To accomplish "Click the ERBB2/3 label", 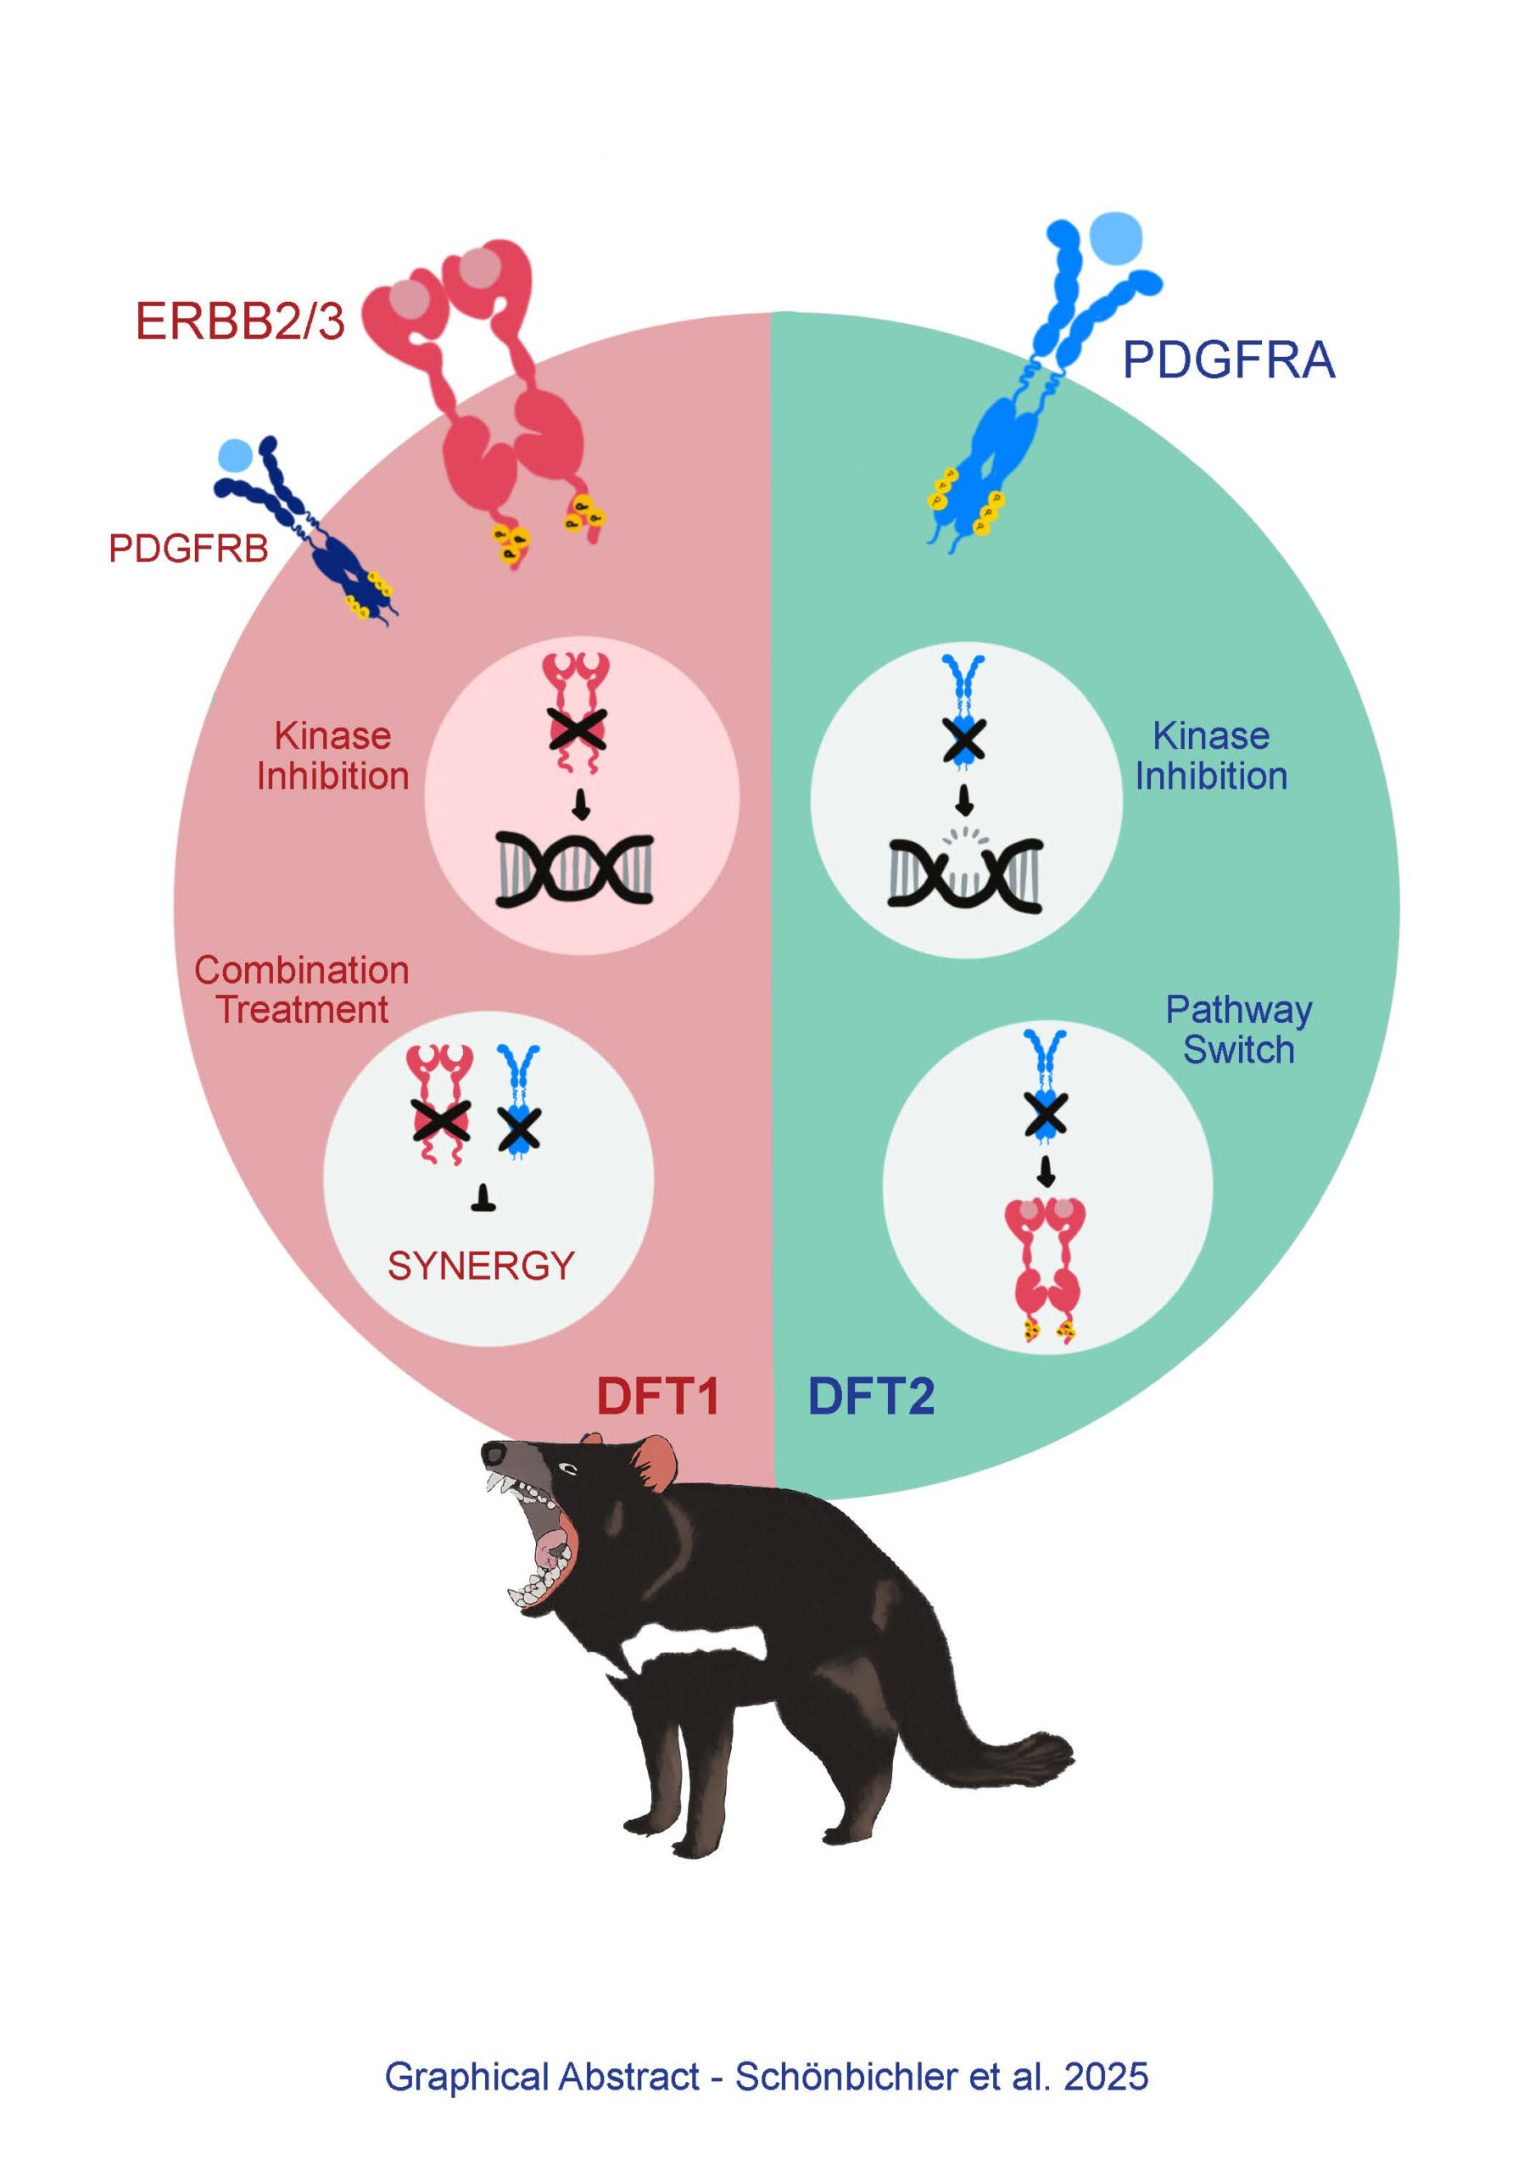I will [239, 321].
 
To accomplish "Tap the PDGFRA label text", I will [1228, 360].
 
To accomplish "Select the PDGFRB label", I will [188, 549].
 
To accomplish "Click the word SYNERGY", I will [481, 1266].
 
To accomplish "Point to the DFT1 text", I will [657, 1397].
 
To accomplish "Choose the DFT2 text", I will [870, 1397].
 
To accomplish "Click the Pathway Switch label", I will [1238, 1030].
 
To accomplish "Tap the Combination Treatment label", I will [302, 990].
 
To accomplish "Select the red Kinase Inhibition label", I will [333, 756].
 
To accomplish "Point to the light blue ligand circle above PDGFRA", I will [1116, 237].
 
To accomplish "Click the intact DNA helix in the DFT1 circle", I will [575, 869].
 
